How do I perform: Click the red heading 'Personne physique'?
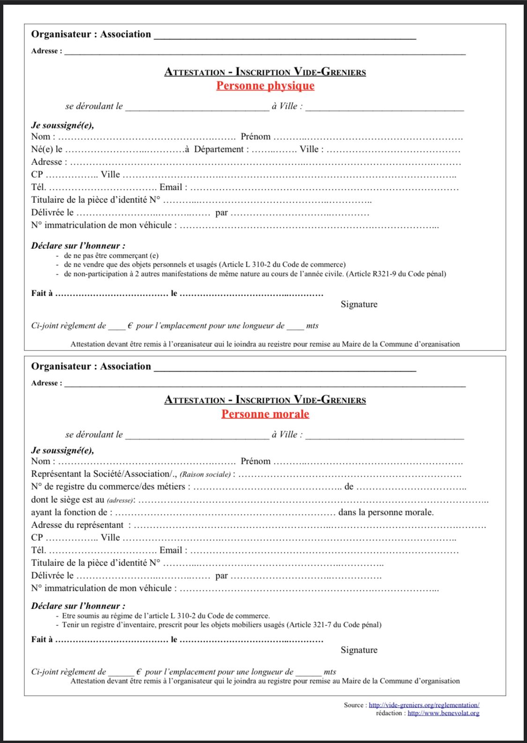pyautogui.click(x=265, y=86)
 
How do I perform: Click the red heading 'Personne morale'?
pyautogui.click(x=265, y=414)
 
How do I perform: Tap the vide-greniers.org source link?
pyautogui.click(x=423, y=705)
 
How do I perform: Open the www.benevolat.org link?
pyautogui.click(x=443, y=713)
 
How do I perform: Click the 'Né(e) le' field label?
pyautogui.click(x=46, y=149)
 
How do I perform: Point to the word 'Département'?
pyautogui.click(x=219, y=149)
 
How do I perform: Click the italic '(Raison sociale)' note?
pyautogui.click(x=205, y=475)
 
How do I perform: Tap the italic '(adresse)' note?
pyautogui.click(x=120, y=500)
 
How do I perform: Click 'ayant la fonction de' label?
pyautogui.click(x=69, y=513)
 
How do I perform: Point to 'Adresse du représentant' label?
pyautogui.click(x=77, y=525)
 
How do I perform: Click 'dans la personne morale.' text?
pyautogui.click(x=386, y=513)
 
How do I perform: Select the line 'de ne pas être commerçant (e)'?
pyautogui.click(x=111, y=256)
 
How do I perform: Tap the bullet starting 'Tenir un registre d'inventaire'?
pyautogui.click(x=222, y=625)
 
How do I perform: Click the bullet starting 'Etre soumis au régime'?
pyautogui.click(x=165, y=616)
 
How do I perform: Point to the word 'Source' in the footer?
pyautogui.click(x=353, y=705)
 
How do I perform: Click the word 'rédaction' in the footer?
pyautogui.click(x=389, y=713)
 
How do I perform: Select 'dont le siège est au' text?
pyautogui.click(x=67, y=500)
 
